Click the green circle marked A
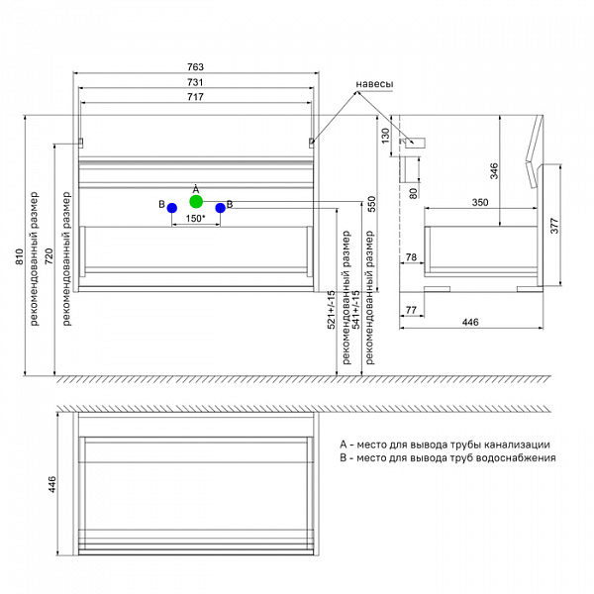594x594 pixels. (196, 201)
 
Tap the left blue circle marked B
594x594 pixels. (172, 208)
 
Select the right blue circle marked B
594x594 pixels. (220, 208)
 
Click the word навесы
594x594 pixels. (374, 84)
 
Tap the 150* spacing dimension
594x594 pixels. (195, 219)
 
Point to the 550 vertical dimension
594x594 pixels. (371, 204)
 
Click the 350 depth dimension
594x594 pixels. (479, 202)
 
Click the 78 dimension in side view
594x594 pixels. (412, 258)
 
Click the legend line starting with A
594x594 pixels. (444, 445)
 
